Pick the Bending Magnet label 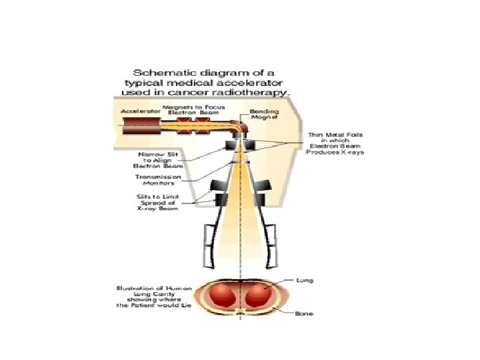260,112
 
